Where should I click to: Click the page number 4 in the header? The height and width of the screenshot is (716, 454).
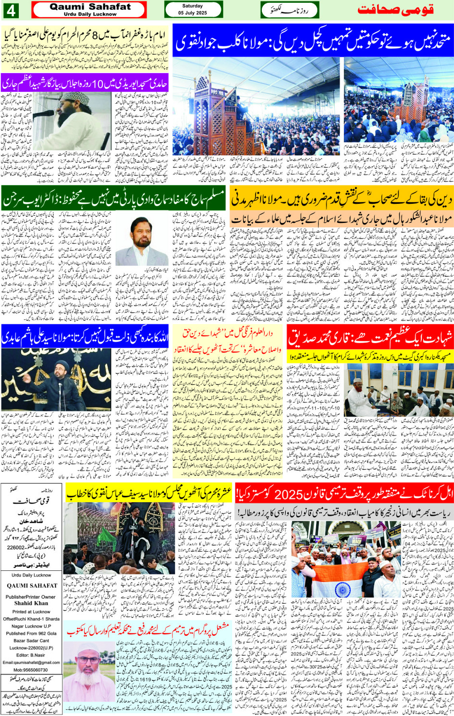point(11,10)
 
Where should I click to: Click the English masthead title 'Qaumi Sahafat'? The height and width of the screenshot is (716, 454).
point(90,7)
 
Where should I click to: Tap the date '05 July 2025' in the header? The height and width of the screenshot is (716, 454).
point(193,13)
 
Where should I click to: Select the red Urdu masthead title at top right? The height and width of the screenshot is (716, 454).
point(395,10)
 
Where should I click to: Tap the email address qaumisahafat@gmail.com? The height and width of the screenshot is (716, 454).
point(31,662)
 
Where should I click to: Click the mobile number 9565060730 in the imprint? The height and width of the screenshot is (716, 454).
point(31,669)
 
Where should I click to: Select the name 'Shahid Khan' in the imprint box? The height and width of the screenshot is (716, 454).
point(31,603)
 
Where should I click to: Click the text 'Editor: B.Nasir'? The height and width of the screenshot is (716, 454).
point(31,655)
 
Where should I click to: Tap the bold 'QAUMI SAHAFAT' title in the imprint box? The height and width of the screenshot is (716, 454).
point(31,586)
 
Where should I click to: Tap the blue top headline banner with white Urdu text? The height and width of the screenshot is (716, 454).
point(313,41)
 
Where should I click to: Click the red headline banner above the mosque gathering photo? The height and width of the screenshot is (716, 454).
point(370,338)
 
